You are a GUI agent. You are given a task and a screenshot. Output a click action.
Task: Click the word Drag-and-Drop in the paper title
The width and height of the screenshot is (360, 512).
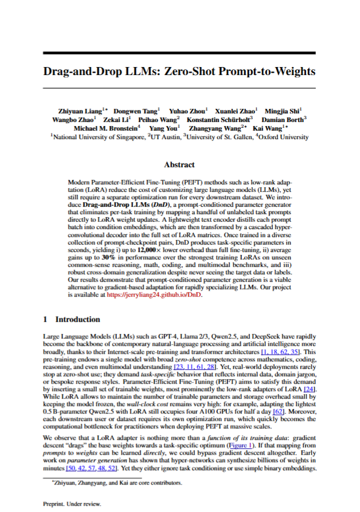coord(80,72)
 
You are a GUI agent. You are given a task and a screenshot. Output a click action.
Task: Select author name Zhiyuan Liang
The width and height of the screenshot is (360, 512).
coord(80,111)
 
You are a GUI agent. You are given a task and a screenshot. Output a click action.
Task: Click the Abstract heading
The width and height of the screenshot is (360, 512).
coord(179,164)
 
